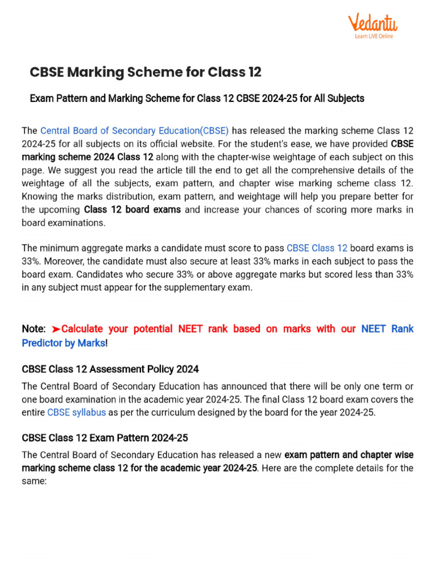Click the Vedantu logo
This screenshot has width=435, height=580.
pos(373,23)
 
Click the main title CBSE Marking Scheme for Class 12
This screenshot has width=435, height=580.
pos(146,72)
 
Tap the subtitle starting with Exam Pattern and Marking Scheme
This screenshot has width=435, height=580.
pos(197,99)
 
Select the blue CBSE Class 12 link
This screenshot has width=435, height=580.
pos(317,248)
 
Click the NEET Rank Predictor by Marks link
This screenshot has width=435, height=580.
pos(217,336)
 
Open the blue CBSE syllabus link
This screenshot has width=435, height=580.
pos(76,412)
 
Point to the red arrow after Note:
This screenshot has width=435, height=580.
pos(56,329)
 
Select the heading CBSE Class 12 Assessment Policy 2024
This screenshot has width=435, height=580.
pos(110,369)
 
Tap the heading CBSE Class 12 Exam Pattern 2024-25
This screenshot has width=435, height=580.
pos(105,438)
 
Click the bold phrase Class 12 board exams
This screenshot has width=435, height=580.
pos(133,210)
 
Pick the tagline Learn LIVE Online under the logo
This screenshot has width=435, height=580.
pos(373,36)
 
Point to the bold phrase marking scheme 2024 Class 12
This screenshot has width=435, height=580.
pos(87,157)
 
